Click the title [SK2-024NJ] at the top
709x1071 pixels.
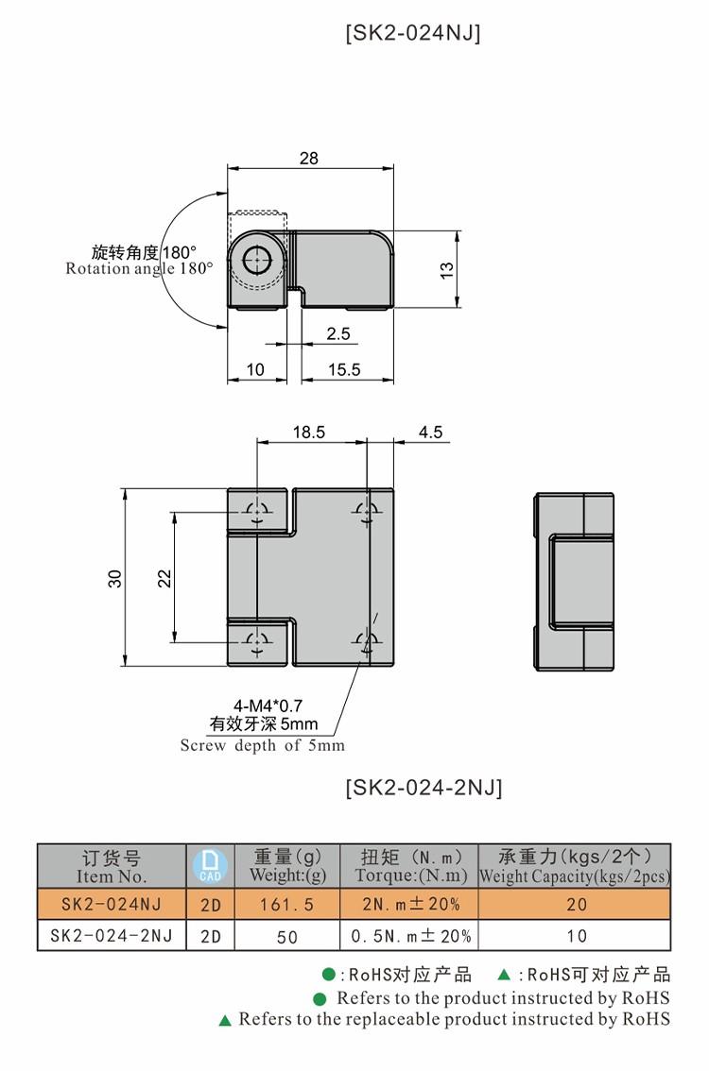point(413,34)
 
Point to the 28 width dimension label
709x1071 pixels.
point(309,159)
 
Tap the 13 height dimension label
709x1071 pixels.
point(447,269)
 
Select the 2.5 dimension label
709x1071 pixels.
point(337,333)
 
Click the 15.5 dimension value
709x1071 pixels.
point(344,369)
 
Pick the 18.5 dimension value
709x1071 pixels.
point(309,432)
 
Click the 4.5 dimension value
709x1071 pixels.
point(430,432)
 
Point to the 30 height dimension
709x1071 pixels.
point(115,578)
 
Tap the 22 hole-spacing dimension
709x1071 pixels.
point(164,578)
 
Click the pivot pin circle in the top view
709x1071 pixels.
point(256,261)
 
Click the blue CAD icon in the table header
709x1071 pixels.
point(210,865)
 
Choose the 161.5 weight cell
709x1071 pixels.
point(286,905)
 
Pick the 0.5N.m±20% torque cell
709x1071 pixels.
point(410,936)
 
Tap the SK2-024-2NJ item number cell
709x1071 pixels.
point(112,936)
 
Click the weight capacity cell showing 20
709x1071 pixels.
point(576,905)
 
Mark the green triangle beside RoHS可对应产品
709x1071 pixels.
point(505,975)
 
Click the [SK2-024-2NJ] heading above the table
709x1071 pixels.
point(424,787)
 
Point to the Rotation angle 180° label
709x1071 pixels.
point(140,268)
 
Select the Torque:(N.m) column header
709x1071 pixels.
point(410,875)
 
